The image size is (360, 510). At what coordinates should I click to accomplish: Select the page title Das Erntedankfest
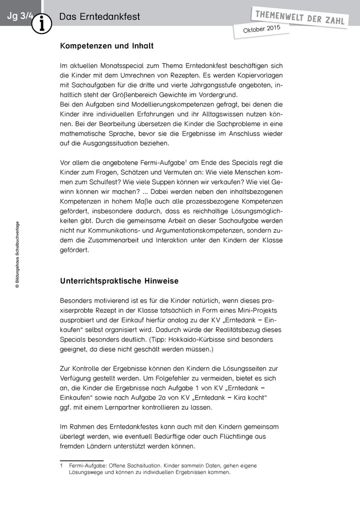point(99,17)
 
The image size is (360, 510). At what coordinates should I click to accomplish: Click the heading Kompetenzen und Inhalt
point(106,46)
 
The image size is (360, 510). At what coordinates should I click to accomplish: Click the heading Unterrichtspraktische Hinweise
point(119,281)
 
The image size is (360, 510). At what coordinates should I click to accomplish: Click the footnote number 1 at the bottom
point(61,465)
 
